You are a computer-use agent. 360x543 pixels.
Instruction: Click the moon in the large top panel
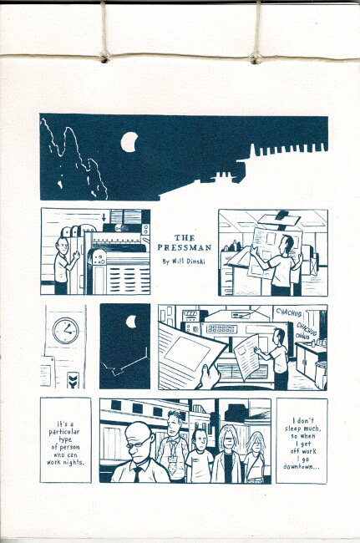pos(129,142)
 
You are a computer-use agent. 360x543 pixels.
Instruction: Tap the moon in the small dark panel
pos(130,322)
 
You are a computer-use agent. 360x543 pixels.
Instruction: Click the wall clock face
pos(66,330)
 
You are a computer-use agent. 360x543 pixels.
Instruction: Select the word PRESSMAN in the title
pos(184,247)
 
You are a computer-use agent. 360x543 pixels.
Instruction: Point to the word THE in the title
pos(185,238)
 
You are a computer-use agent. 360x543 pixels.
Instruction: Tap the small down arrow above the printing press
pos(104,217)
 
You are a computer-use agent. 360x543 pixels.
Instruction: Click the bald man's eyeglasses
pos(139,444)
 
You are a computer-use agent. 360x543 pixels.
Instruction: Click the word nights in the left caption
pos(73,462)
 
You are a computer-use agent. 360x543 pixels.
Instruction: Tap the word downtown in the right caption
pos(302,466)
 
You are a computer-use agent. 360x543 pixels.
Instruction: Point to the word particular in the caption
pos(64,432)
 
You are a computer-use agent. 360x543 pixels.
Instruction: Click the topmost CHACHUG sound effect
pos(289,312)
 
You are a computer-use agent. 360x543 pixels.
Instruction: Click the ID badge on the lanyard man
pos(172,459)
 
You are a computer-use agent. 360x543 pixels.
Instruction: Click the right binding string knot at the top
pos(256,58)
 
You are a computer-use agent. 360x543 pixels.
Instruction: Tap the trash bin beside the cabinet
pos(321,375)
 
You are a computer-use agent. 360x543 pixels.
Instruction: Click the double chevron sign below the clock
pos(74,380)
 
